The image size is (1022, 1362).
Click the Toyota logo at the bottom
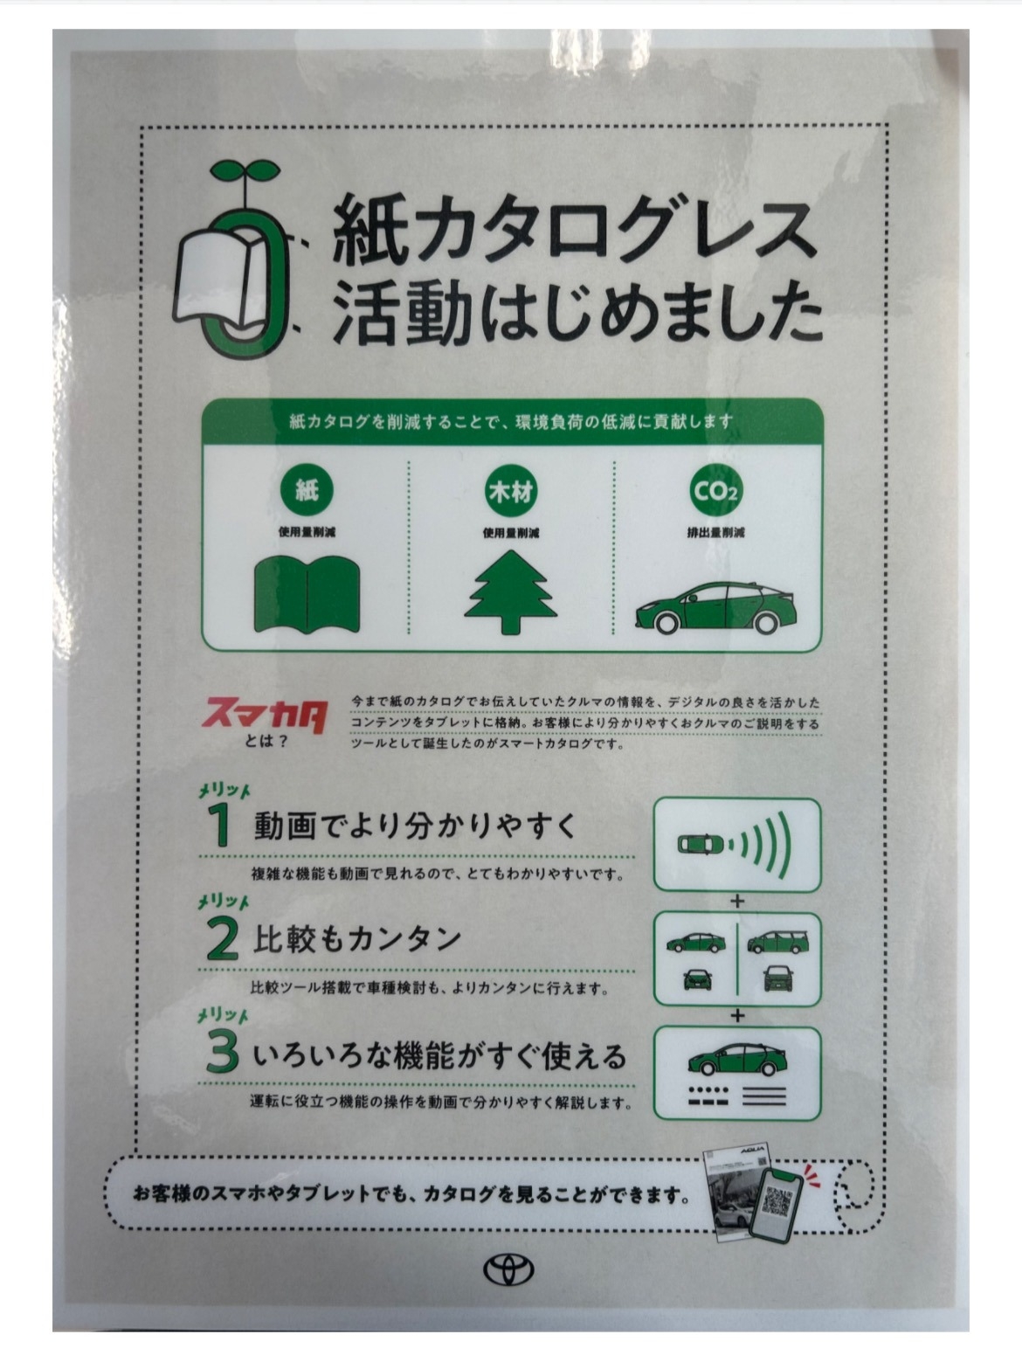[508, 1271]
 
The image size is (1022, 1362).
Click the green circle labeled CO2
[715, 492]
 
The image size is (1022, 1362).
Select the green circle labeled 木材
[511, 492]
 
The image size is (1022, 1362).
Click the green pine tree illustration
[510, 592]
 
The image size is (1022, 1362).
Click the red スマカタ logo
[266, 716]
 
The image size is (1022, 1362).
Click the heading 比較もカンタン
[356, 941]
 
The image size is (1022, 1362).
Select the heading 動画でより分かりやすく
[415, 826]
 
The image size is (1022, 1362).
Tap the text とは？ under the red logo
[266, 742]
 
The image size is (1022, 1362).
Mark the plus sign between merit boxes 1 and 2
[737, 901]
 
